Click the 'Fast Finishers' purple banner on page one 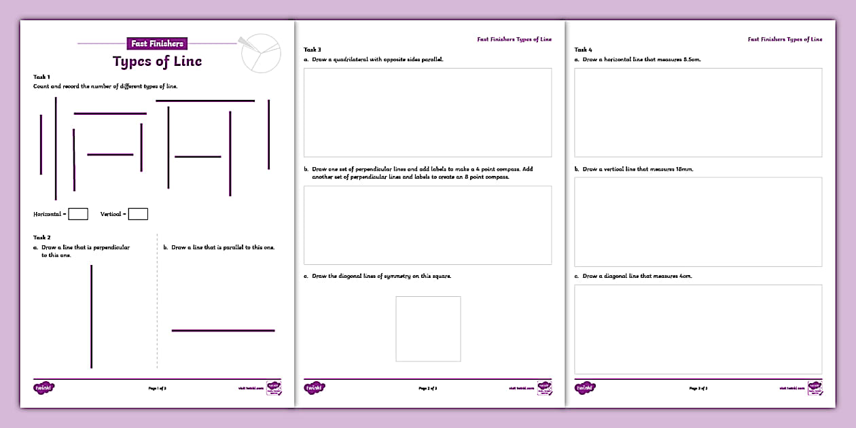point(157,43)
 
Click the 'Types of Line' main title point(157,61)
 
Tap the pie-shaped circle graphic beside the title point(261,52)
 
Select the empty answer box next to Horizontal point(78,214)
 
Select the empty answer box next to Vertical point(138,214)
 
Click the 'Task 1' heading point(41,77)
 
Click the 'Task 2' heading point(41,237)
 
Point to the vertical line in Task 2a point(91,316)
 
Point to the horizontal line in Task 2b point(223,331)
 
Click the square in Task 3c point(428,329)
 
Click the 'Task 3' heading point(312,50)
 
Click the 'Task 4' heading point(583,50)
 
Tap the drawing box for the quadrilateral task point(427,113)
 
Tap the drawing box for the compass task point(427,225)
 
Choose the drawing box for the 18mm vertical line point(698,222)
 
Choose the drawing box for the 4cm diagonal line point(698,329)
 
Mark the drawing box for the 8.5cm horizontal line point(698,113)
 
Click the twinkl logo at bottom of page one point(43,388)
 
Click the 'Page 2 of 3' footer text point(427,388)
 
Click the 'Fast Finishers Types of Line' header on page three point(785,39)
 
